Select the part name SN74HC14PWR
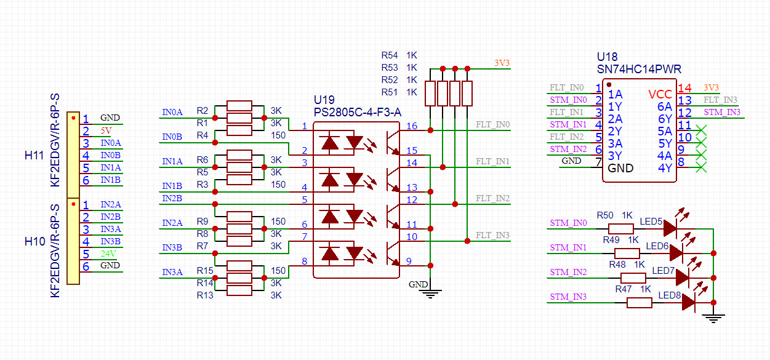[639, 70]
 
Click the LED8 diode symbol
[688, 302]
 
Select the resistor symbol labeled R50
[624, 228]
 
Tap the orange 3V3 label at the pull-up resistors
[502, 63]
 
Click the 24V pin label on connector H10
[108, 254]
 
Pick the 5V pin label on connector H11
[106, 130]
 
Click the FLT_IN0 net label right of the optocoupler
[493, 125]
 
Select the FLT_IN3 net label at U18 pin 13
[720, 100]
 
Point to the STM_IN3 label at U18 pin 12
[722, 112]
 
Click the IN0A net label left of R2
[172, 113]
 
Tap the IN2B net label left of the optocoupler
[172, 198]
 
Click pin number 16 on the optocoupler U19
[411, 126]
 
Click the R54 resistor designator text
[390, 55]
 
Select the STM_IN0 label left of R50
[568, 223]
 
